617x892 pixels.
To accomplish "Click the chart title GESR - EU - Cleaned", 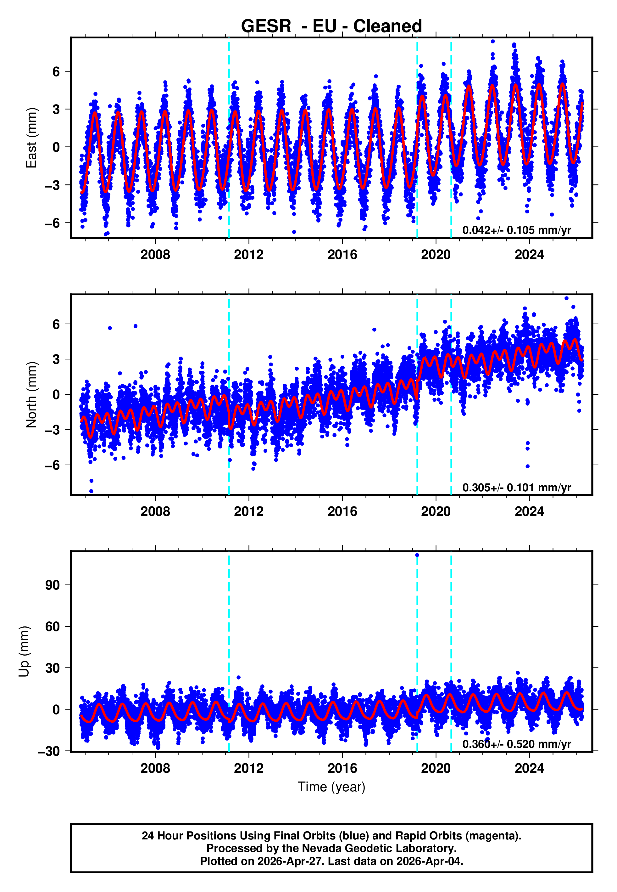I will pyautogui.click(x=331, y=26).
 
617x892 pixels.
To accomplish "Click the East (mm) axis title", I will pyautogui.click(x=31, y=138).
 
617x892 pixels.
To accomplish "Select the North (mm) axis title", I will pyautogui.click(x=31, y=395).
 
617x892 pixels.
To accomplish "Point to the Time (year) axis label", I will pyautogui.click(x=331, y=787).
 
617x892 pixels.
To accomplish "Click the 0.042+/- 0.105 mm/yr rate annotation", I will pyautogui.click(x=516, y=230).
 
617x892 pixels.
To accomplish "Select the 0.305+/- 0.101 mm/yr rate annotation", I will pyautogui.click(x=516, y=487).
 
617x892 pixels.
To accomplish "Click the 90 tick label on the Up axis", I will pyautogui.click(x=53, y=585).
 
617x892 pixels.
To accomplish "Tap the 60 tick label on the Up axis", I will pyautogui.click(x=53, y=626).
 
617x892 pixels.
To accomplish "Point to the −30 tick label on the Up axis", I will pyautogui.click(x=49, y=751).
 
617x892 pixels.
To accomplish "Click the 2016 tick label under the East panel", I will pyautogui.click(x=342, y=255).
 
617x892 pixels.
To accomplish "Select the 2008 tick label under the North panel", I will pyautogui.click(x=155, y=511).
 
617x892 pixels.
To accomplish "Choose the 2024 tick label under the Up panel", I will pyautogui.click(x=529, y=768).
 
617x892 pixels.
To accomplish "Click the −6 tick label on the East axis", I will pyautogui.click(x=53, y=223).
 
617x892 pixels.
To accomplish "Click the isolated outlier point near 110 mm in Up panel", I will pyautogui.click(x=417, y=555).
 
